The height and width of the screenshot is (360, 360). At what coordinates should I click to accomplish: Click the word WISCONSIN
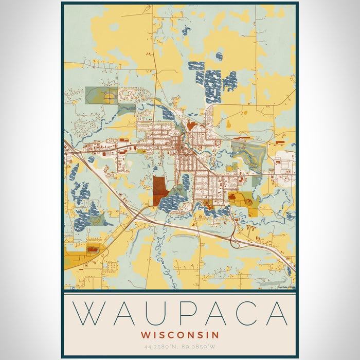(179, 335)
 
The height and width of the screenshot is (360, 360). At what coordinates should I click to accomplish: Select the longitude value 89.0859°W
(199, 347)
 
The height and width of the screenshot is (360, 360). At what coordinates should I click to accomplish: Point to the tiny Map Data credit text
(286, 287)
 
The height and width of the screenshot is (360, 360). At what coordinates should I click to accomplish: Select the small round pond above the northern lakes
(220, 56)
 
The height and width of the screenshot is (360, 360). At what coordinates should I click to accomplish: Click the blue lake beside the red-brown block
(174, 201)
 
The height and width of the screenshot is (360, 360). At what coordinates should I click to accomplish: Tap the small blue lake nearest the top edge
(186, 31)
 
